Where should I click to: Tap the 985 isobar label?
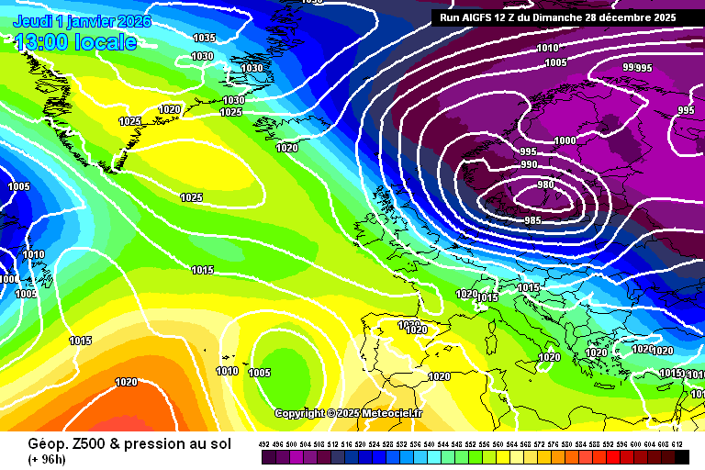(x=532, y=220)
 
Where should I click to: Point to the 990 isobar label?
(x=529, y=164)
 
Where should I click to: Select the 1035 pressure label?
(x=204, y=38)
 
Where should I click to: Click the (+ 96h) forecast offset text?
(x=48, y=458)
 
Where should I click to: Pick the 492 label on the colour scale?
(x=264, y=444)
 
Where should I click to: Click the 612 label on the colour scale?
(x=677, y=444)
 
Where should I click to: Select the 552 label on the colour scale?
(x=471, y=444)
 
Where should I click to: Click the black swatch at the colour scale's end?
(x=681, y=457)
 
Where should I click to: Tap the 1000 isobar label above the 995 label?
(x=565, y=140)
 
